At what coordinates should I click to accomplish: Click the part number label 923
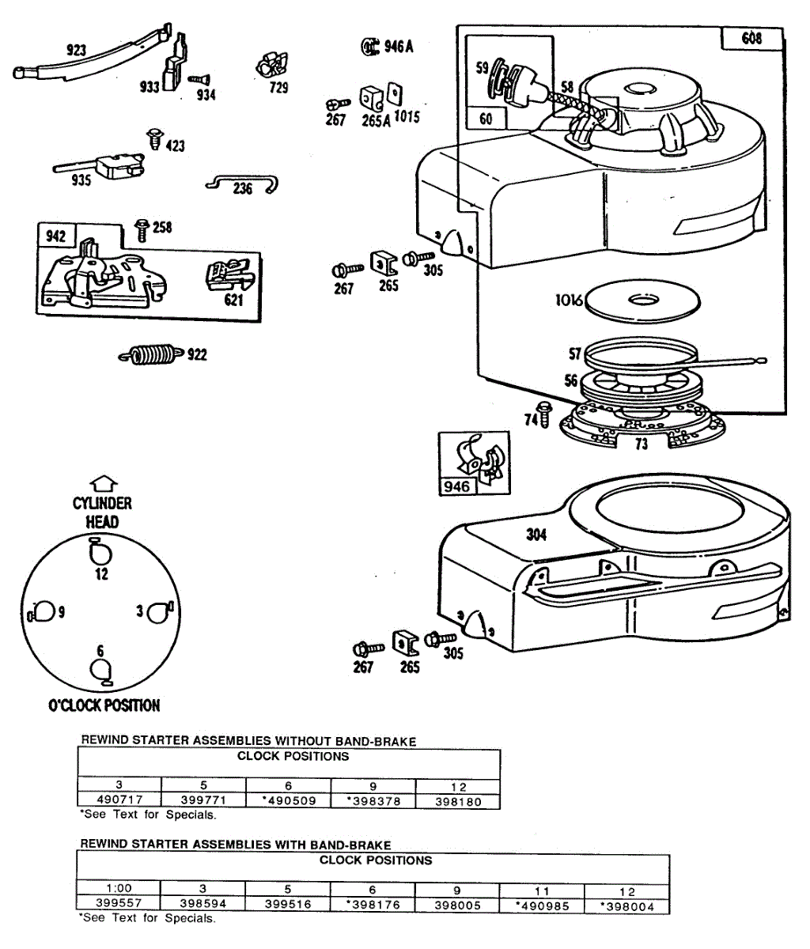point(76,51)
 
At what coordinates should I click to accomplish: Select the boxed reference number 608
point(751,38)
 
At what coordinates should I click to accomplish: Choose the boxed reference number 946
point(456,486)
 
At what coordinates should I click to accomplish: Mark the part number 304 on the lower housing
point(536,535)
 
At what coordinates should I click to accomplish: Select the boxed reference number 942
point(56,236)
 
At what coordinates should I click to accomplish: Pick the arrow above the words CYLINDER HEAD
point(104,484)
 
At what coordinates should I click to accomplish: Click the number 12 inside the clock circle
point(101,575)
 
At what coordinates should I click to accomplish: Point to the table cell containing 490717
point(119,800)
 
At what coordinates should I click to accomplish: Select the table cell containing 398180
point(458,800)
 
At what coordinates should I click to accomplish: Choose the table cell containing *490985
point(542,906)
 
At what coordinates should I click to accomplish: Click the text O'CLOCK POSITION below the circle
point(104,705)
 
